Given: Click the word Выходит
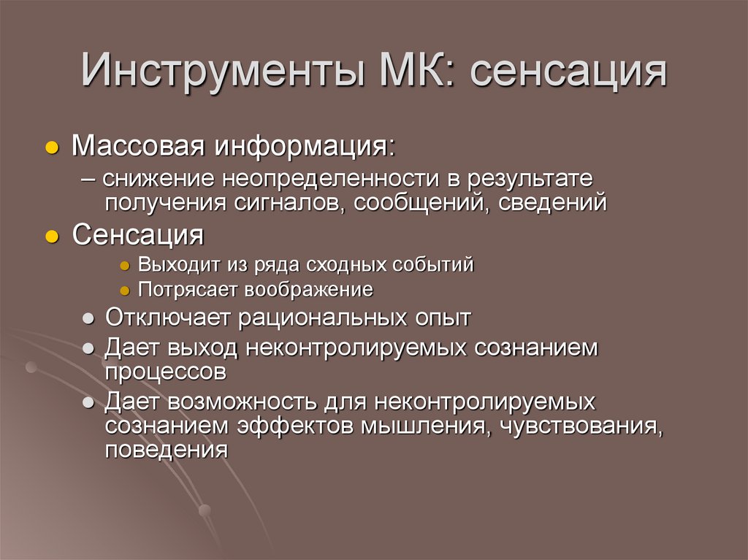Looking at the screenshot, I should [169, 264].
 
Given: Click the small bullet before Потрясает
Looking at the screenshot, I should [126, 291].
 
